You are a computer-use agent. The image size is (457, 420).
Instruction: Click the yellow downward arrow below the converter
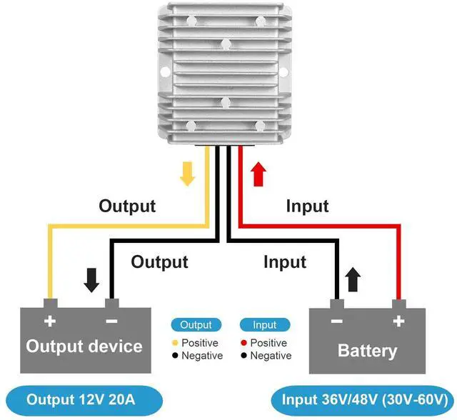coord(187,173)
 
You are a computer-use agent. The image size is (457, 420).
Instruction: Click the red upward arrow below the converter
coord(258,173)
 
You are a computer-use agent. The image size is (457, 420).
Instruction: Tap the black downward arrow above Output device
coord(92,281)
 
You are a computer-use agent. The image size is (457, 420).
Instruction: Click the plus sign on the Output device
coord(50,321)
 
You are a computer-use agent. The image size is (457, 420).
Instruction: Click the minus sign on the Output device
coord(111,321)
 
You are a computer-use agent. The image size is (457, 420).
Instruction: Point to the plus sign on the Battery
coord(397,321)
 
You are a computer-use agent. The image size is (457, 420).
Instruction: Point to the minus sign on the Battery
coord(336,321)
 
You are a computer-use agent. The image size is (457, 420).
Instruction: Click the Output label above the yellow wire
coord(127,206)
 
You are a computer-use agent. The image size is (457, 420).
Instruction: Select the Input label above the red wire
coord(307,206)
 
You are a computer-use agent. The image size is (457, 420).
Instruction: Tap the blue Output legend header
coord(196,325)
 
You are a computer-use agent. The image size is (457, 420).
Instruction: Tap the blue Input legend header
coord(264,325)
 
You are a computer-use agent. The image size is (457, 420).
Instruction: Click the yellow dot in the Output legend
coord(174,343)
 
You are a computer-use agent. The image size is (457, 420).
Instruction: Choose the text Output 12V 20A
coord(80,399)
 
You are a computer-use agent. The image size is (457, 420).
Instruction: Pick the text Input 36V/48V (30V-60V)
coord(364,399)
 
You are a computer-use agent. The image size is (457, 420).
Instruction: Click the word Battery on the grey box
coord(367,351)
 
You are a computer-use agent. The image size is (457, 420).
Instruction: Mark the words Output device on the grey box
coord(84,346)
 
